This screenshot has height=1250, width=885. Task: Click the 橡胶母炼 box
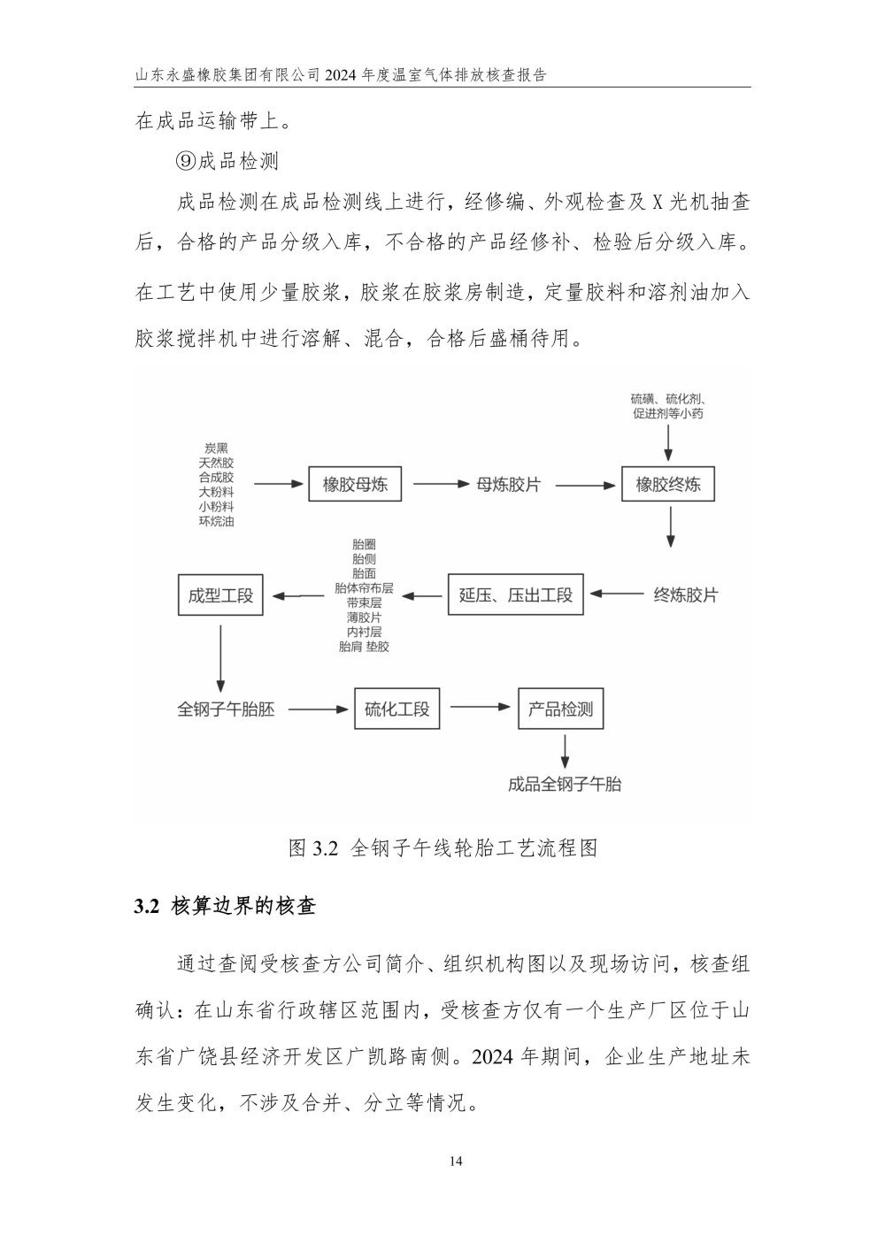click(x=355, y=484)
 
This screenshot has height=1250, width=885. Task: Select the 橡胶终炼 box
click(x=668, y=484)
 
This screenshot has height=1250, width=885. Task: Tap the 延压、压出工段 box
click(x=515, y=594)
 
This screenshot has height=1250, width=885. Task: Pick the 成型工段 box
click(x=220, y=595)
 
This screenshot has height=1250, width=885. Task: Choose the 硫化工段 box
click(x=397, y=709)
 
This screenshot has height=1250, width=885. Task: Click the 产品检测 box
click(x=560, y=709)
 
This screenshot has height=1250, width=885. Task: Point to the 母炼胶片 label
click(x=508, y=485)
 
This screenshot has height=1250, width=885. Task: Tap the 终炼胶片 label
click(x=685, y=594)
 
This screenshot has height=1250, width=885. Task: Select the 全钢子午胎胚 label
click(x=226, y=709)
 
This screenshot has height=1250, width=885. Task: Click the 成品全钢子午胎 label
click(x=565, y=784)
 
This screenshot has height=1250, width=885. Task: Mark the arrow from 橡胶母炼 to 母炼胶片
click(x=441, y=484)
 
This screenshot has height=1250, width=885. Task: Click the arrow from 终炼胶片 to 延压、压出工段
click(x=617, y=594)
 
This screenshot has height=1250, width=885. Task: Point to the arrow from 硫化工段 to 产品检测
click(x=481, y=707)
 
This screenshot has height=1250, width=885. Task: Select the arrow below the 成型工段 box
click(x=220, y=658)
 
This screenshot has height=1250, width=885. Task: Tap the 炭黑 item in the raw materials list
click(x=216, y=449)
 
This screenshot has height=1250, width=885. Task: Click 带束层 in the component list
click(x=364, y=602)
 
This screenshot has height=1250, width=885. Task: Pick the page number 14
click(x=456, y=1162)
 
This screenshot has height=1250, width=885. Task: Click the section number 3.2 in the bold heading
click(x=147, y=907)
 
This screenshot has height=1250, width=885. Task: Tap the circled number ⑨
click(x=185, y=162)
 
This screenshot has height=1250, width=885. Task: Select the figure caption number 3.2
click(x=326, y=848)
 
